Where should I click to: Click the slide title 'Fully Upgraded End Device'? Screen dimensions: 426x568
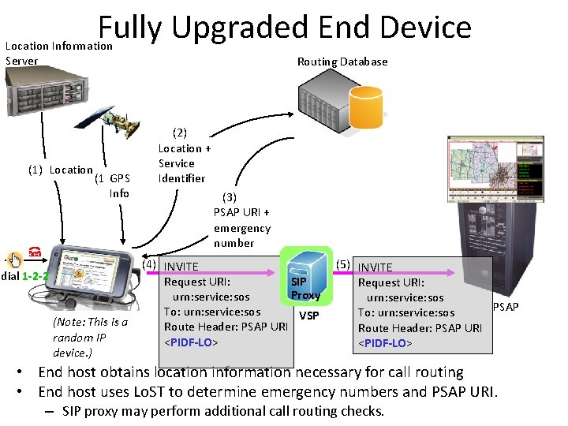(x=285, y=28)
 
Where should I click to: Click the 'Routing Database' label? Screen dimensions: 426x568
(x=342, y=62)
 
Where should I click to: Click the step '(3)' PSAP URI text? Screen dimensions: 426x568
(x=241, y=220)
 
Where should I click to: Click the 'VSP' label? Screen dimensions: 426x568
(x=309, y=315)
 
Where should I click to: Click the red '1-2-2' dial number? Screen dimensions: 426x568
(x=35, y=277)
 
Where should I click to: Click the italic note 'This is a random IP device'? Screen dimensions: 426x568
(x=89, y=337)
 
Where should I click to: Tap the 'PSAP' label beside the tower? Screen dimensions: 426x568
(x=506, y=306)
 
